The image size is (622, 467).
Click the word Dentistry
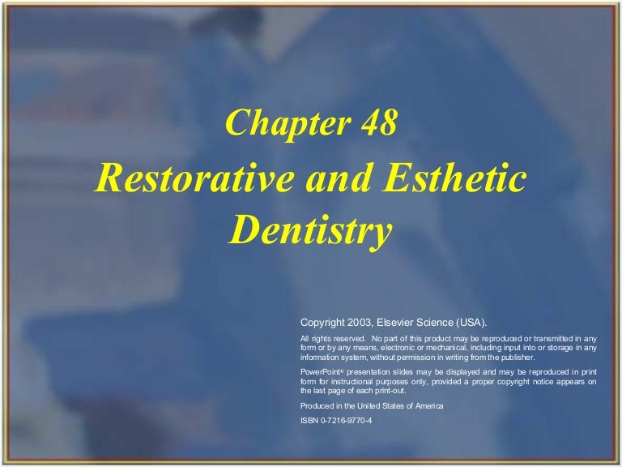pyautogui.click(x=311, y=231)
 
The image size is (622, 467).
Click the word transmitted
pyautogui.click(x=551, y=338)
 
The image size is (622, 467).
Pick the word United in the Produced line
pyautogui.click(x=365, y=405)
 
